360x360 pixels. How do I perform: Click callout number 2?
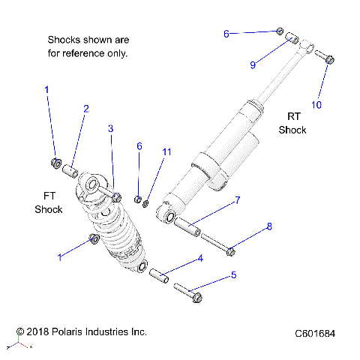tap(85, 109)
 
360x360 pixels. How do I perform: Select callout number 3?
tap(110, 129)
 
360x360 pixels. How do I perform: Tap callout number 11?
tap(166, 151)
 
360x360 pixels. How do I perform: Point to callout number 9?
tap(253, 65)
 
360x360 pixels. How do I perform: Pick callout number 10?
tap(316, 105)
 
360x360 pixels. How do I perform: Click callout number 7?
tap(237, 200)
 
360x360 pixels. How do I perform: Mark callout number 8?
tap(269, 226)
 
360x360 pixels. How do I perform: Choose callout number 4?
tap(200, 259)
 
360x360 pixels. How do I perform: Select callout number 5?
tap(233, 275)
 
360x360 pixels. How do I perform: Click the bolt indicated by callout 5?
tap(187, 292)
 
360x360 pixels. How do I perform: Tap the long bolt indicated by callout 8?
tap(214, 244)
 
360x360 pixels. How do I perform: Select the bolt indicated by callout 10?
tap(324, 56)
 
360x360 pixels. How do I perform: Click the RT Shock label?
tap(292, 123)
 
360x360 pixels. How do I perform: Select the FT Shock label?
tap(48, 202)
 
